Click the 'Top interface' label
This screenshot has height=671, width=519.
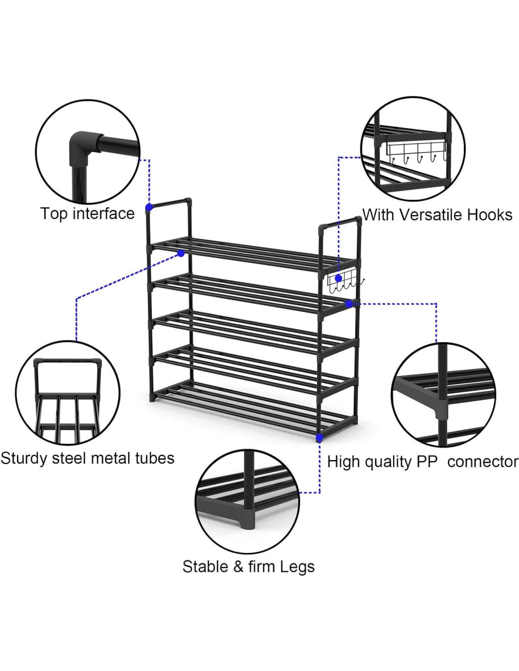[x=87, y=214]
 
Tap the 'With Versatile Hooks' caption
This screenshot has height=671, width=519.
[x=437, y=215]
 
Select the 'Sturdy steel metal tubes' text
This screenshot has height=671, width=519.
[x=87, y=458]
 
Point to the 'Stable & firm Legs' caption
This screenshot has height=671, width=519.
[x=248, y=566]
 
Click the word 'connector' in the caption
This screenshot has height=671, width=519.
[x=482, y=461]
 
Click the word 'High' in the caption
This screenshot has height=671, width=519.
[x=343, y=461]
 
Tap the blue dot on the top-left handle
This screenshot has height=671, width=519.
[x=149, y=207]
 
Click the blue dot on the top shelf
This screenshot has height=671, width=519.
[x=181, y=253]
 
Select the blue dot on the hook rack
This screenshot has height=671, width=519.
[x=338, y=278]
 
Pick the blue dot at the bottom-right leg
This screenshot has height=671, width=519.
[x=319, y=438]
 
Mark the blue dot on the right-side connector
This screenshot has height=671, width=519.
[x=349, y=304]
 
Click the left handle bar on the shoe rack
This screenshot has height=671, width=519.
[x=170, y=203]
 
